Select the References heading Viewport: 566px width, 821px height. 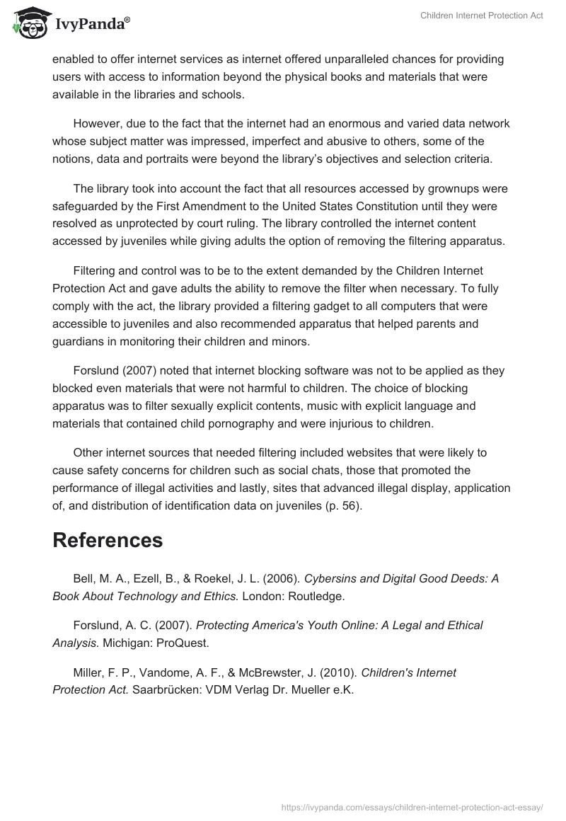coord(108,540)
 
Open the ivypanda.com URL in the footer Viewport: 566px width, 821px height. coord(412,806)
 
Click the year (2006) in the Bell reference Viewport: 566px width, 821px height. coord(279,578)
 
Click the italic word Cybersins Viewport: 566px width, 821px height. coord(334,578)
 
